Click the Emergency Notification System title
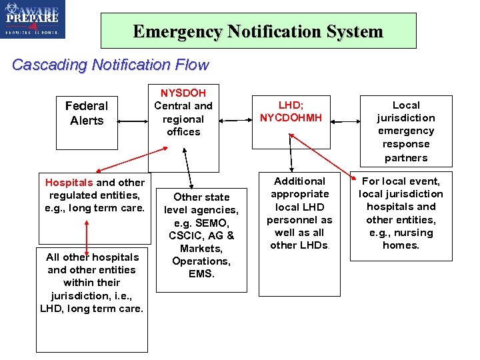(x=258, y=31)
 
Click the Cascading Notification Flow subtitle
(x=110, y=65)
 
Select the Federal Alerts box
(x=87, y=113)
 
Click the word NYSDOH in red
(x=183, y=93)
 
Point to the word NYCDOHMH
(x=291, y=118)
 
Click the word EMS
(x=201, y=273)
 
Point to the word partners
(x=405, y=158)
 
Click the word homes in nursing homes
(x=401, y=245)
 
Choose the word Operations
(x=201, y=261)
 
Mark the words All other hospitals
(x=93, y=257)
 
